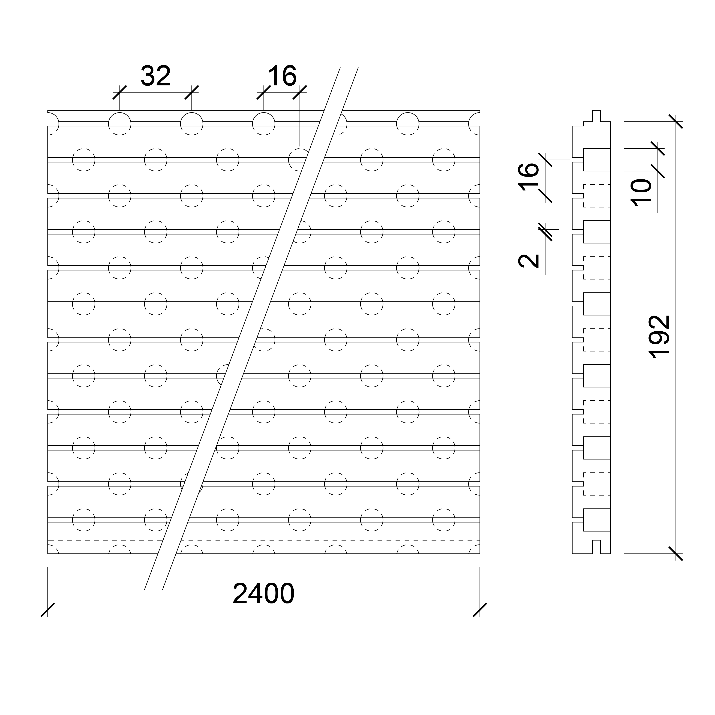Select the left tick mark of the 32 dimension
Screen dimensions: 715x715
tap(120, 92)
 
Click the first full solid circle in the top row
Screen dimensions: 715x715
tap(120, 124)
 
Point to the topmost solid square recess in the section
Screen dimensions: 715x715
tap(597, 160)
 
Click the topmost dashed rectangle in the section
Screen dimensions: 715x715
tap(597, 195)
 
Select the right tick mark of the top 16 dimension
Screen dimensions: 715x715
tap(300, 92)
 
